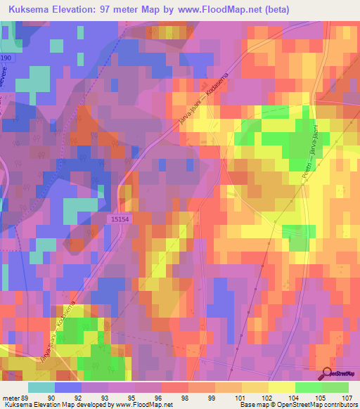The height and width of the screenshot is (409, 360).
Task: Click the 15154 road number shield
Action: tap(121, 220)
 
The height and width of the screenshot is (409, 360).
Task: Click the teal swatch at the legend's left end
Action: tap(41, 387)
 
